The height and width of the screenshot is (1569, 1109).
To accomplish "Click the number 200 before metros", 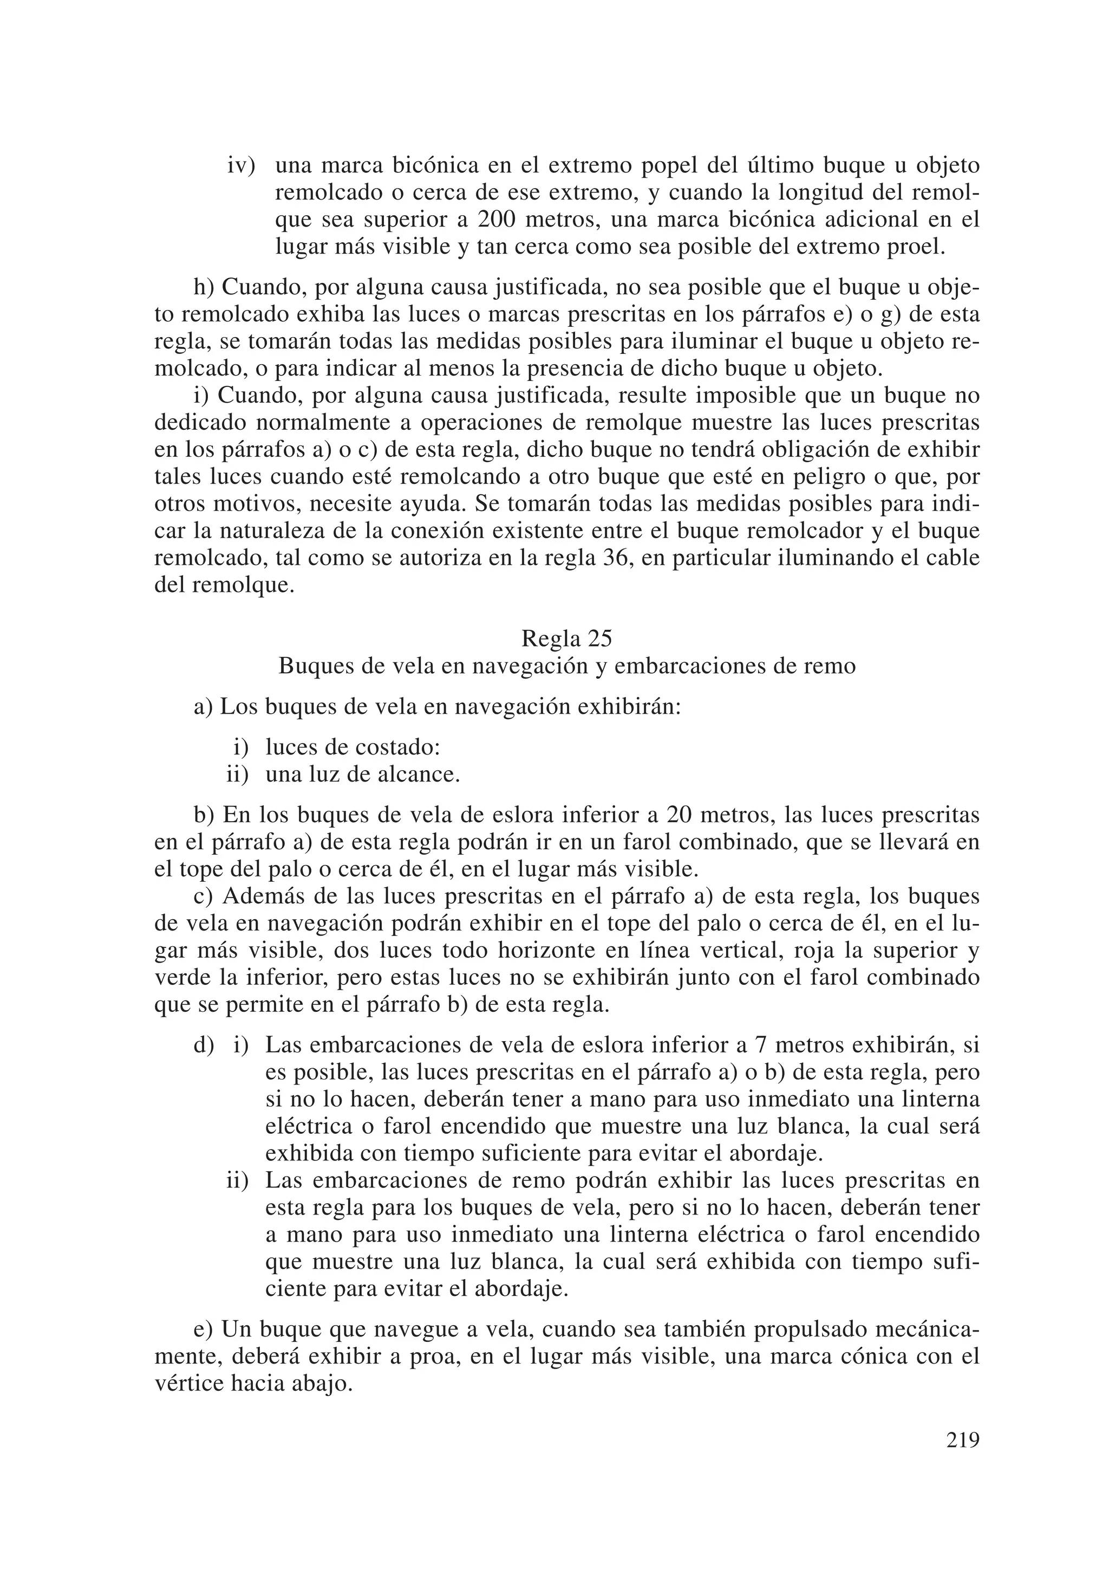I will point(498,219).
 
